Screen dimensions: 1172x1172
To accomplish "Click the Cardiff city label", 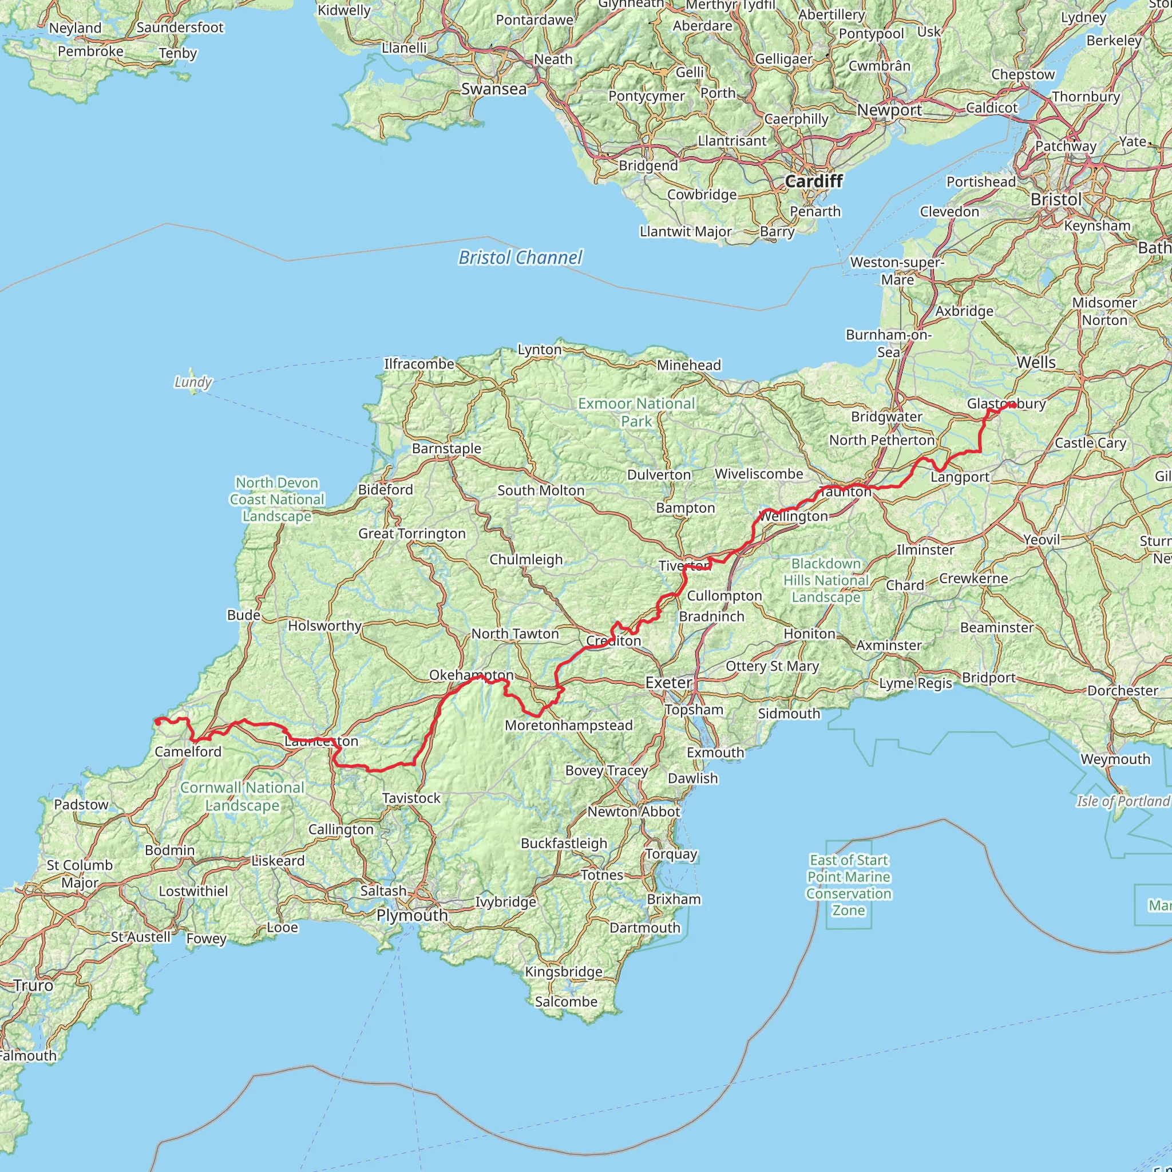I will (814, 181).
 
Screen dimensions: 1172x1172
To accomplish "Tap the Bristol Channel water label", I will (520, 258).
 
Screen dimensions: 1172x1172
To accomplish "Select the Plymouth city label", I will (412, 915).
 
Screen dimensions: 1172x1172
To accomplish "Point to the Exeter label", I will (668, 683).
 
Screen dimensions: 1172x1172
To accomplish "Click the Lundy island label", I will (193, 382).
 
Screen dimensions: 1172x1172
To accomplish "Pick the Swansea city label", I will (494, 89).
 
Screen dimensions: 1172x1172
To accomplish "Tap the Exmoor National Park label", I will (636, 412).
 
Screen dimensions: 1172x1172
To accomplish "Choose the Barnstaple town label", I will (446, 448).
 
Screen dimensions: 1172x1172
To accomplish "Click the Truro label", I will (33, 985).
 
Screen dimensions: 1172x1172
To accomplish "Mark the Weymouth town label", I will (1115, 759).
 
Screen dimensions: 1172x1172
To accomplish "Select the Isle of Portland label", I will (1123, 801).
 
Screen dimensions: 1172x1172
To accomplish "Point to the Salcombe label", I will (566, 1001).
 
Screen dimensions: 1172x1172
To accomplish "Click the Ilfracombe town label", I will (418, 363).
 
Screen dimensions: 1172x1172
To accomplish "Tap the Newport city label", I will (889, 110).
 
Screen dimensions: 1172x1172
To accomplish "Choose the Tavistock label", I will (411, 798).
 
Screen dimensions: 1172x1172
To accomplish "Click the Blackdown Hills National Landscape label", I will (826, 580).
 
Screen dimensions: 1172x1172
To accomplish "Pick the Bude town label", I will (244, 615).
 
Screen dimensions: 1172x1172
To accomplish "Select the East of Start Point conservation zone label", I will (849, 885).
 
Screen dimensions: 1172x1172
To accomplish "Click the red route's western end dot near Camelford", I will (158, 721).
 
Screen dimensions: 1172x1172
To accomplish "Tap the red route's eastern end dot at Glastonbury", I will (1012, 405).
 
